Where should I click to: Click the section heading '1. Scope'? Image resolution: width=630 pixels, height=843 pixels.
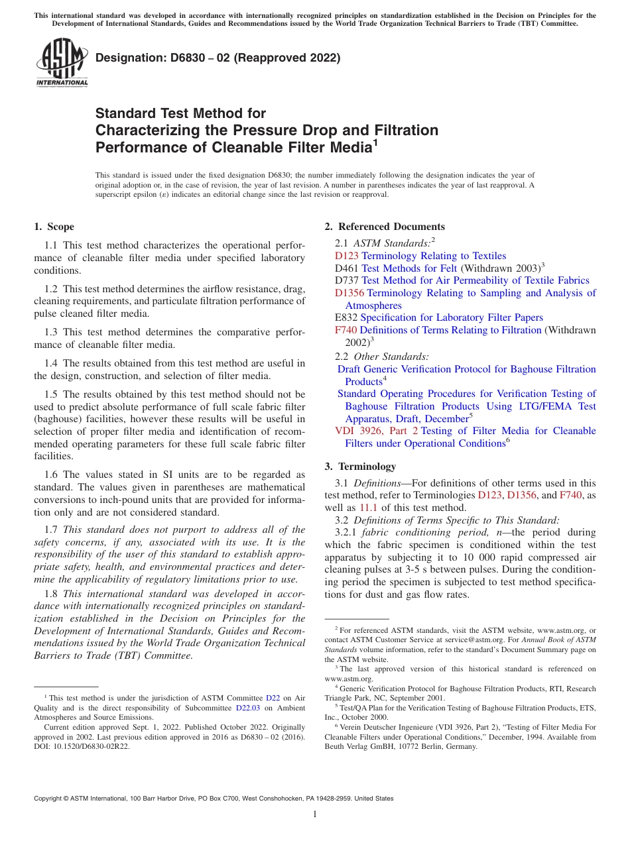(x=54, y=227)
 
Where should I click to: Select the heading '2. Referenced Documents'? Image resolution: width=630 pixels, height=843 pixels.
(x=385, y=227)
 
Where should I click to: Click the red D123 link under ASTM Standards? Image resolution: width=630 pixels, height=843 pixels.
(x=347, y=256)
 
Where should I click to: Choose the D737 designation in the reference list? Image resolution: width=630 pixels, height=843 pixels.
(x=347, y=280)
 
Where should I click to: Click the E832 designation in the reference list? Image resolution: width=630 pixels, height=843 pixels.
(x=346, y=317)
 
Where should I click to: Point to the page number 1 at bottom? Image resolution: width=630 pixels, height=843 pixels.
(x=315, y=815)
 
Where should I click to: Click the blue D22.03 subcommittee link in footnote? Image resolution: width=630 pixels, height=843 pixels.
(x=249, y=707)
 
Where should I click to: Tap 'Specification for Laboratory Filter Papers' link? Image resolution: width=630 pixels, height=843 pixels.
(x=452, y=317)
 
